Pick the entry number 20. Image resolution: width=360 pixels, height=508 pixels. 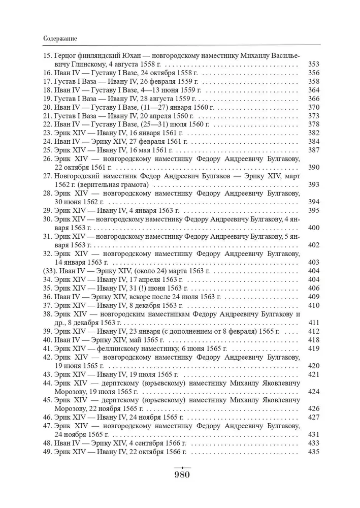tap(48, 107)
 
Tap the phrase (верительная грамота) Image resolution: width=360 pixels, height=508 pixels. tap(120, 185)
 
